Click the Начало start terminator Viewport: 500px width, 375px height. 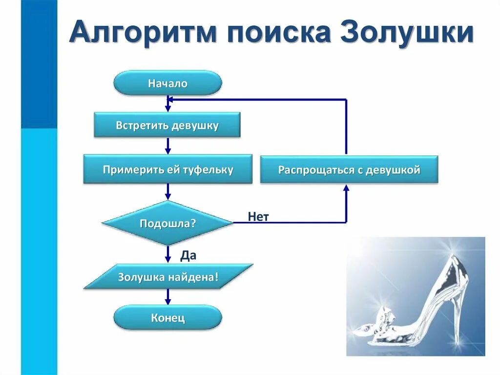point(167,83)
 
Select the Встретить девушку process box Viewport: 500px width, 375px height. point(167,125)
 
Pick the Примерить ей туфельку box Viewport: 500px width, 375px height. point(167,170)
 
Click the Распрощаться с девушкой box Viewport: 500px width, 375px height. point(349,170)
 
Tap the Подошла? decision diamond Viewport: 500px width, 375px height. point(167,223)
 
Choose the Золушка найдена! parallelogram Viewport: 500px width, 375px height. point(167,277)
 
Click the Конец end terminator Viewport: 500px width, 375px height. point(167,318)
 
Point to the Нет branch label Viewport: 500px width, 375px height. point(258,217)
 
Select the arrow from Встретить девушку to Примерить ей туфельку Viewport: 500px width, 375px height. point(168,145)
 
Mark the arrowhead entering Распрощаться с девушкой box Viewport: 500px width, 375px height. point(346,188)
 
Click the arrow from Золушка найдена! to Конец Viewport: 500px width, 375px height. point(168,297)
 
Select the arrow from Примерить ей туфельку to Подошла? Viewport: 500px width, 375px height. point(168,191)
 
